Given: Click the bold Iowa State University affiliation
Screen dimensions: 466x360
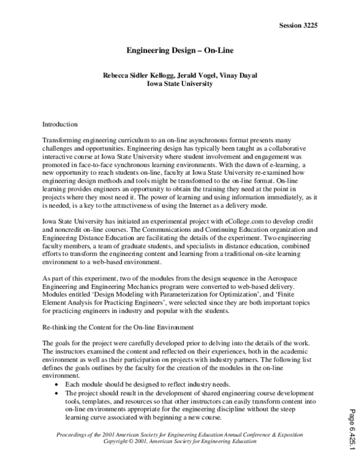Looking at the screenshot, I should pos(180,85).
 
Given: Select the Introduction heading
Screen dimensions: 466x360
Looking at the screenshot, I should pos(60,124).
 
